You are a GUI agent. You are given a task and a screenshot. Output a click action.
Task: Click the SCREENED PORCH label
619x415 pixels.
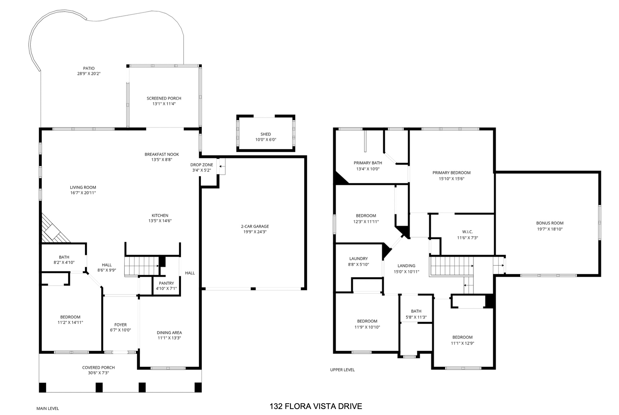(164, 98)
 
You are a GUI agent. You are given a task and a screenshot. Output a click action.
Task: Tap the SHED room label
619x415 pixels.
(265, 134)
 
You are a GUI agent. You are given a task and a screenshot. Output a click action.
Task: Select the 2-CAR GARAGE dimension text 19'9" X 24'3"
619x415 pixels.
(255, 232)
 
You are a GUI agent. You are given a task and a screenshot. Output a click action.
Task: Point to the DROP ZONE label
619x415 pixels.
(202, 165)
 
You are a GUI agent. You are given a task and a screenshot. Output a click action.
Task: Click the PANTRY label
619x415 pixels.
(166, 283)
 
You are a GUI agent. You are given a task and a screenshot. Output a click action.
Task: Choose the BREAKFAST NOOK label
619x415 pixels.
(162, 154)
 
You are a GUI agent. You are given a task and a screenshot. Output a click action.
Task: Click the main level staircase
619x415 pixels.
(142, 266)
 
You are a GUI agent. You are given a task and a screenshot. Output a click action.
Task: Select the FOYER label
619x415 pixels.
(120, 325)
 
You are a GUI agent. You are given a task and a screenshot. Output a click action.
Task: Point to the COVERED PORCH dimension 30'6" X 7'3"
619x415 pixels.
(98, 373)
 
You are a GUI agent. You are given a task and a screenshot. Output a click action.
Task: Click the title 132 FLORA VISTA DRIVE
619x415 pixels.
(316, 406)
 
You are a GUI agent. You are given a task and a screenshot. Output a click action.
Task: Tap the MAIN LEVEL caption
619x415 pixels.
(48, 408)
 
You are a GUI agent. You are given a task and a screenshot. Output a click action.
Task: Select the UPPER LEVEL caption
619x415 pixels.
(342, 370)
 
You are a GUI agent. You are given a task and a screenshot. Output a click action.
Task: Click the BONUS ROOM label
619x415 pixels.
(550, 223)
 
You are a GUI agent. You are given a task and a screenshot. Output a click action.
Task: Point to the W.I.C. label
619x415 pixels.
(467, 232)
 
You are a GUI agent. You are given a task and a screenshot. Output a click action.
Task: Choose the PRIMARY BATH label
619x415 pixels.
(368, 163)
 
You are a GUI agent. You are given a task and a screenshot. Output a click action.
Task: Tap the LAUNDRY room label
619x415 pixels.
(358, 259)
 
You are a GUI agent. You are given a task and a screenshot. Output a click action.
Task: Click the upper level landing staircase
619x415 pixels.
(451, 266)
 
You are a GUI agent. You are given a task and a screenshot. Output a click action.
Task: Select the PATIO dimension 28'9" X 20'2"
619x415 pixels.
(89, 74)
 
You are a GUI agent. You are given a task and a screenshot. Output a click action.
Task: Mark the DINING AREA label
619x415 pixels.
(169, 333)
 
